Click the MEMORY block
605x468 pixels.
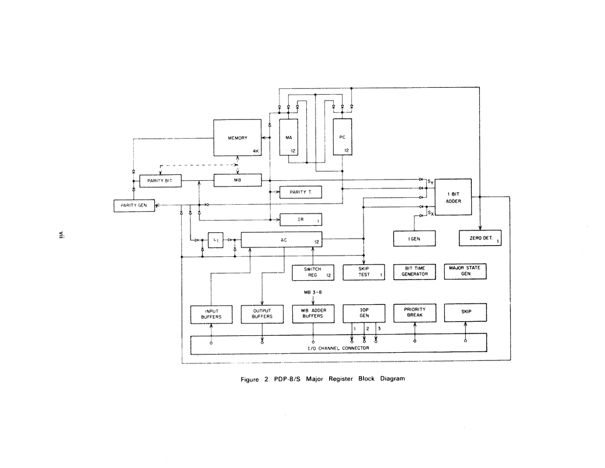coord(237,138)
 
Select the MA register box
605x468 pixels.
coord(289,137)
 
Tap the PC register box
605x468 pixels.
coord(342,137)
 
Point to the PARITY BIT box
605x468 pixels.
coord(160,181)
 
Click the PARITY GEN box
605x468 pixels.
coord(134,205)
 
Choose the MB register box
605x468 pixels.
coord(238,180)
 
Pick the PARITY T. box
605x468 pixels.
coord(300,192)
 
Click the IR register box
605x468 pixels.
coord(300,219)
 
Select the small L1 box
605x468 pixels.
coord(216,240)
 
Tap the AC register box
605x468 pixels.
coord(281,240)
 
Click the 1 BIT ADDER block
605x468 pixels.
coord(454,197)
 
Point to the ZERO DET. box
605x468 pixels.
coord(480,238)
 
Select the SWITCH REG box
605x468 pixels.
coord(313,272)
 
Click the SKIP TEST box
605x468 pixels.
coord(364,272)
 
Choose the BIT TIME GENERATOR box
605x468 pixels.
coord(415,271)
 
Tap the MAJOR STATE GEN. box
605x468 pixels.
coord(465,271)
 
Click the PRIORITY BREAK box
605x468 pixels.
coord(415,313)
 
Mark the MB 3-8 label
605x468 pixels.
coord(313,292)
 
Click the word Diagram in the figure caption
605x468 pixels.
coord(392,379)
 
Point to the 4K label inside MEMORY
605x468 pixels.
coord(256,152)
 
